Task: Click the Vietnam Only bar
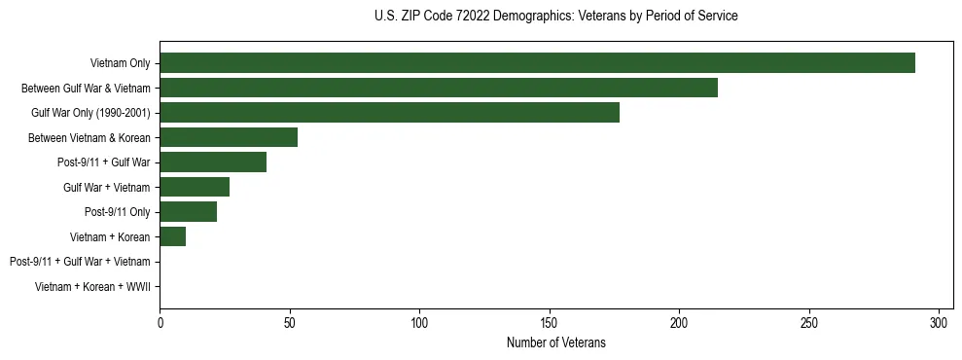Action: coord(537,63)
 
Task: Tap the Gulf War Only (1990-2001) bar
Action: coord(389,113)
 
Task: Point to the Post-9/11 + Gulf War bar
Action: coord(213,162)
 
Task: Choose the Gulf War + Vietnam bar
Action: coord(195,187)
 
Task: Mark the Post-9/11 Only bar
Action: coord(189,212)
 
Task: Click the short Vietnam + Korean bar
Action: coord(173,236)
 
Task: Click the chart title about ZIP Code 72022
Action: coord(555,17)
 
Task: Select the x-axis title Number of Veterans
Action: coord(555,342)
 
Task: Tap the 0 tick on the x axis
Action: coord(160,322)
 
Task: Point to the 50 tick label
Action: coord(290,322)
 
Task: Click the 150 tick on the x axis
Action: coord(550,322)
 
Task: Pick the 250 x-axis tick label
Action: coord(809,322)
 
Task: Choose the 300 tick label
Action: coord(939,322)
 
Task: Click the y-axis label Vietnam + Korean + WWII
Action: coord(92,286)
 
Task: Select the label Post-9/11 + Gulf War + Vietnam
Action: coord(80,262)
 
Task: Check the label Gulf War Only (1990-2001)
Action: coord(90,113)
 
